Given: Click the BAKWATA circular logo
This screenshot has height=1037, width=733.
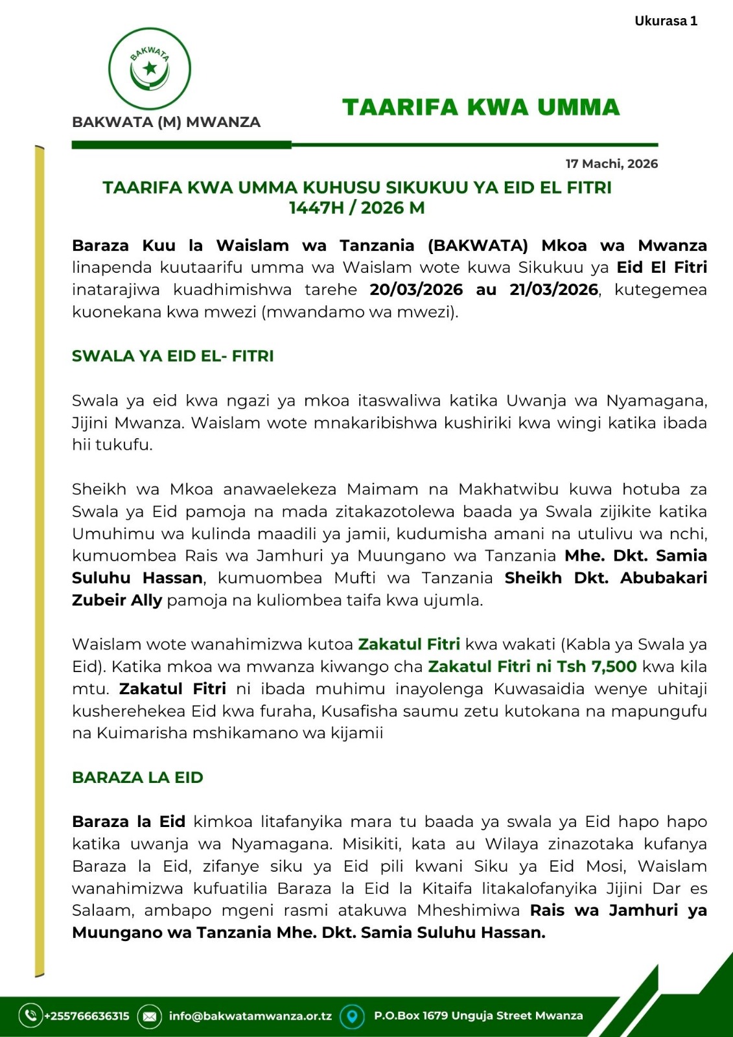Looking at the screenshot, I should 150,69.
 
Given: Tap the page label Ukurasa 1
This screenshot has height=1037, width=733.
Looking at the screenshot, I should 666,21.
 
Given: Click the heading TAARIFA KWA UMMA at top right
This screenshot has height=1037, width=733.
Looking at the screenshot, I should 481,108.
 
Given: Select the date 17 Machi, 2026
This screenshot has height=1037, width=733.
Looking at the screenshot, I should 611,164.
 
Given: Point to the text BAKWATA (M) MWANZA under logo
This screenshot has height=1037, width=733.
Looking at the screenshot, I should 166,122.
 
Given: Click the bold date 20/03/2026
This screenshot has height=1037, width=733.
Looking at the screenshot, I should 416,290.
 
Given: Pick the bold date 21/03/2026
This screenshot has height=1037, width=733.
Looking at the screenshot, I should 553,290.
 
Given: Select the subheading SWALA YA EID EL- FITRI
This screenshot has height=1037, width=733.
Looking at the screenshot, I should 172,356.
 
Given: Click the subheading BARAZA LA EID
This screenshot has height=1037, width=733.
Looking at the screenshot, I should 137,777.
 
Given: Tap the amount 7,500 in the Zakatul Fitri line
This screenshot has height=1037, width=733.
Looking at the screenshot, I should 614,666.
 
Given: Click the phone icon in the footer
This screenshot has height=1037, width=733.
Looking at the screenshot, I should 30,1016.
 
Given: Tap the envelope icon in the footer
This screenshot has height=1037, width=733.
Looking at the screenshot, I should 149,1016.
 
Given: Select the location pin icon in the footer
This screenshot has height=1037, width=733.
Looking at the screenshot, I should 352,1016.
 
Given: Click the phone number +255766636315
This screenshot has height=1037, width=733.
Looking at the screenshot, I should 87,1016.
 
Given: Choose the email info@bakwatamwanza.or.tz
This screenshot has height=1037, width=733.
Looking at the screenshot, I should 250,1016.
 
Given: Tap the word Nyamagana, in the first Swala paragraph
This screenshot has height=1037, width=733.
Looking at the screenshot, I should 656,401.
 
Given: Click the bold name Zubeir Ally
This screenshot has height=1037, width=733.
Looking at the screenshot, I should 117,600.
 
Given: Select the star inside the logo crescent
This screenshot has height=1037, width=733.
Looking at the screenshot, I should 150,67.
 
